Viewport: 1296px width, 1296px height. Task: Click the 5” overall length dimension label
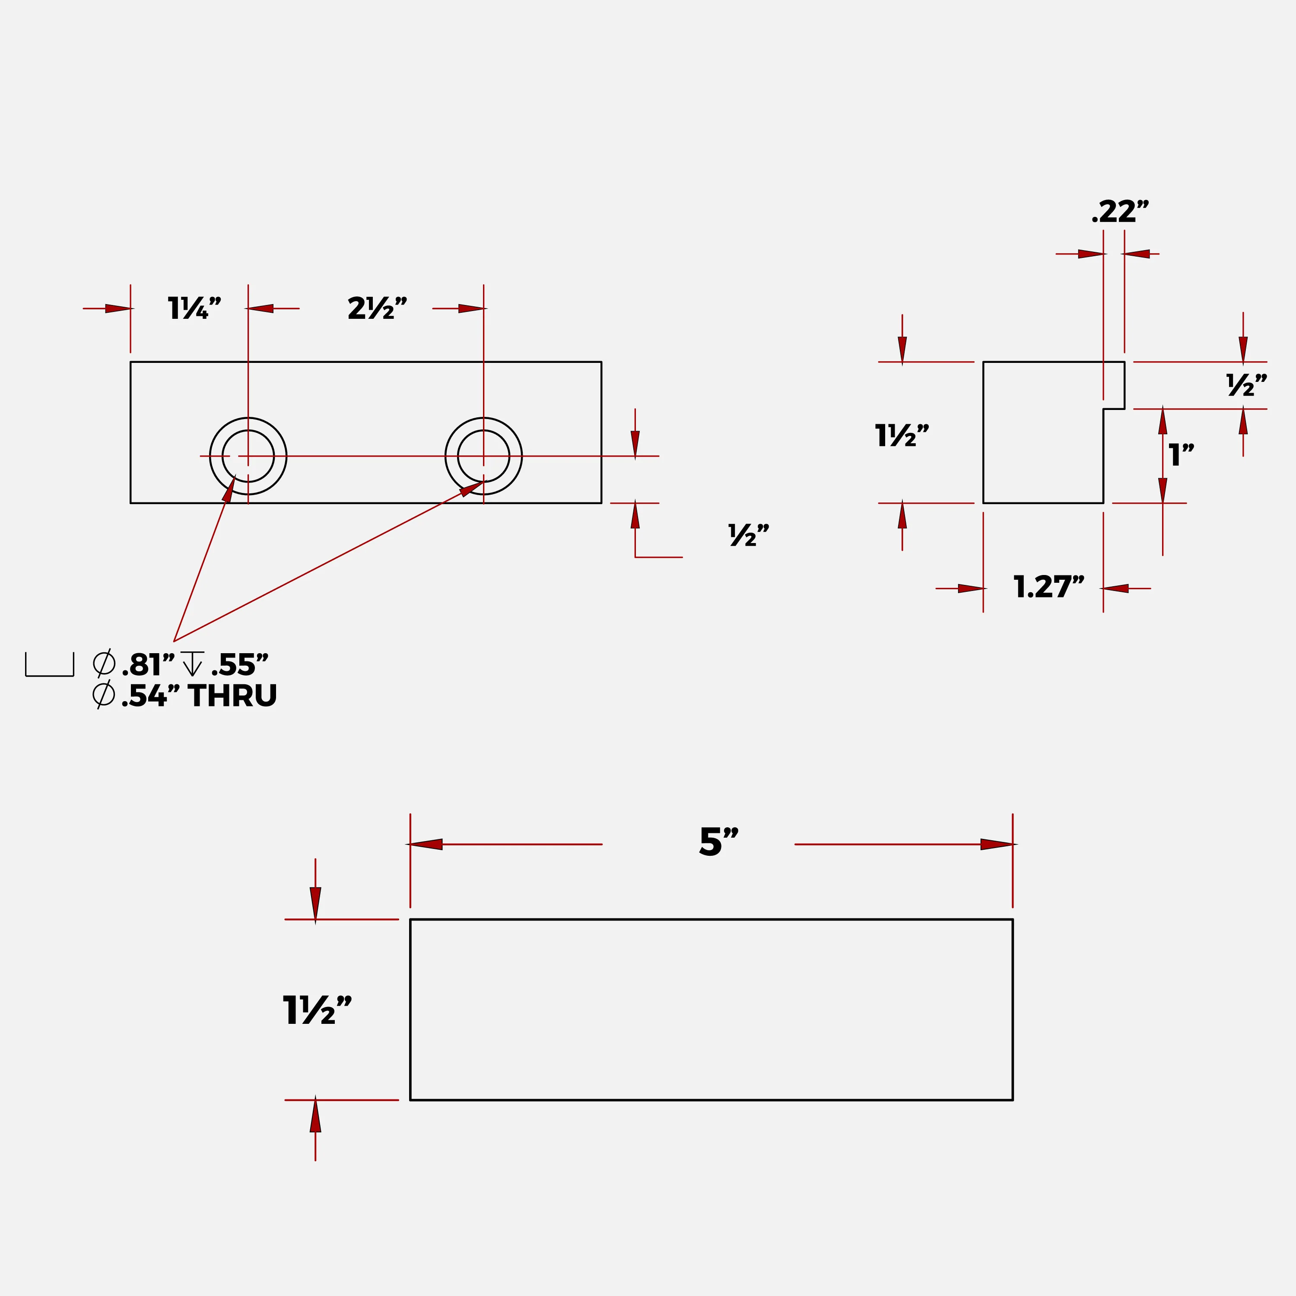(x=718, y=842)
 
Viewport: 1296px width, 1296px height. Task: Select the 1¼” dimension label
(x=194, y=308)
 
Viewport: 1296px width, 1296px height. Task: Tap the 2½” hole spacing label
(x=377, y=308)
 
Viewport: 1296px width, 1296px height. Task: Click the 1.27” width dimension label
(x=1048, y=587)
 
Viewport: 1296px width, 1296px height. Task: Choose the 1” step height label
(x=1181, y=455)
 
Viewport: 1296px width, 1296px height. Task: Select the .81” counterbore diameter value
(x=148, y=665)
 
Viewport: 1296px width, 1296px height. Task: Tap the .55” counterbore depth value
(x=239, y=665)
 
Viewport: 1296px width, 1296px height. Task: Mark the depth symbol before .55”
(x=193, y=664)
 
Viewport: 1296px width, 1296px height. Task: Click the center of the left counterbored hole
(x=248, y=456)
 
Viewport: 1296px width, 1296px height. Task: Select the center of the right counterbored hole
(x=484, y=456)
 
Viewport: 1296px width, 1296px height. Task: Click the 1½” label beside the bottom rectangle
(x=317, y=1010)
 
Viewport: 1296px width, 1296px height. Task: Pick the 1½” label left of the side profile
(x=902, y=435)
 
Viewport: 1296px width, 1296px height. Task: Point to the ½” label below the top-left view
(x=749, y=535)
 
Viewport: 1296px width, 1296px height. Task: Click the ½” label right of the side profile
(x=1246, y=385)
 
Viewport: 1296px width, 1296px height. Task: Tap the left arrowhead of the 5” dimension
(x=425, y=844)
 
